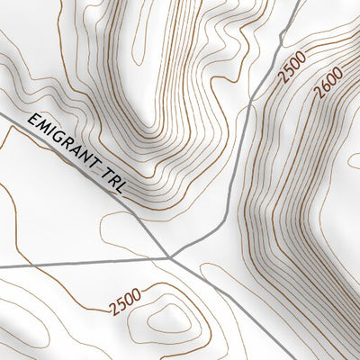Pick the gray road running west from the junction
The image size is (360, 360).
(81, 263)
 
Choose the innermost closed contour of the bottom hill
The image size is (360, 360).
(167, 317)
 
